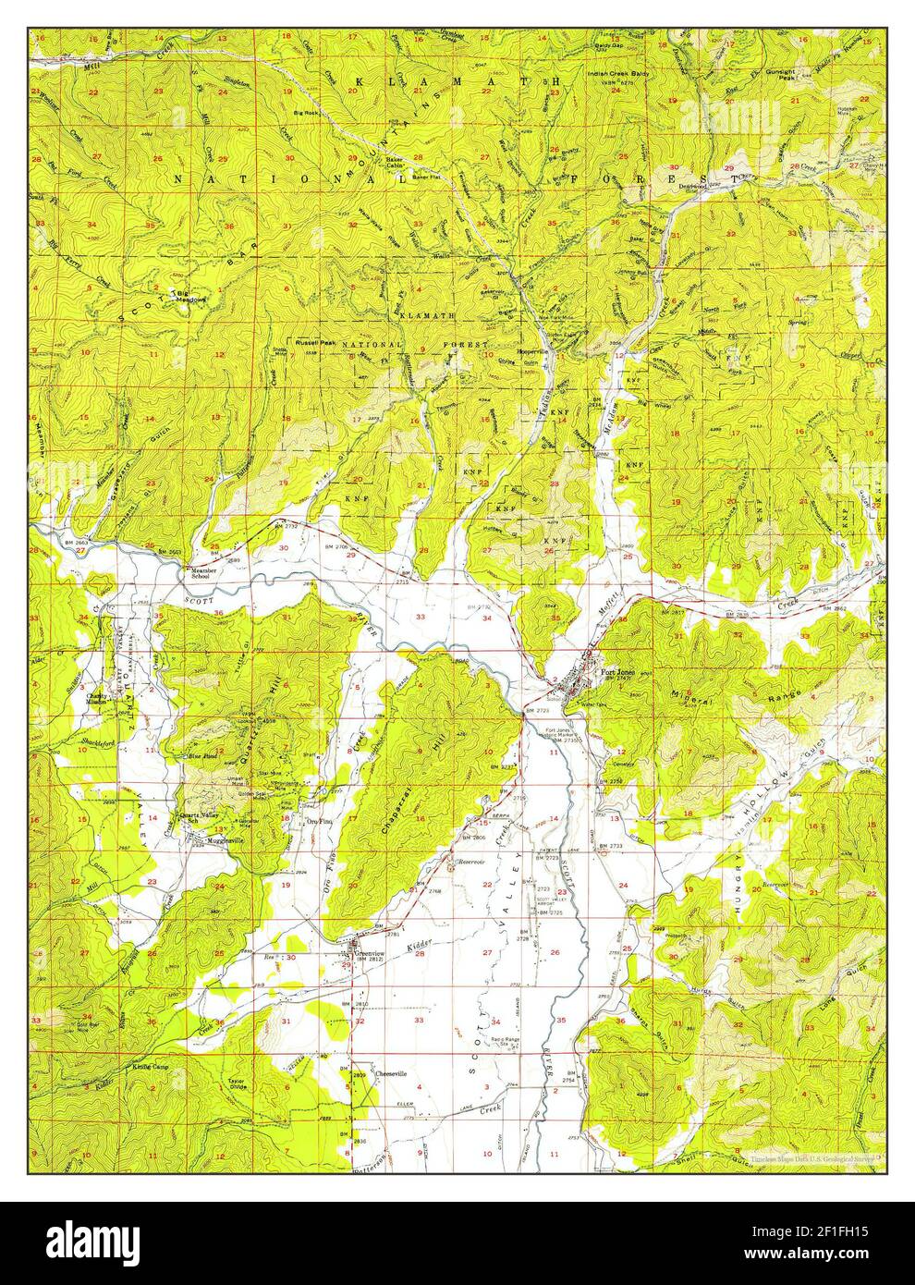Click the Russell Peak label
314,342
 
